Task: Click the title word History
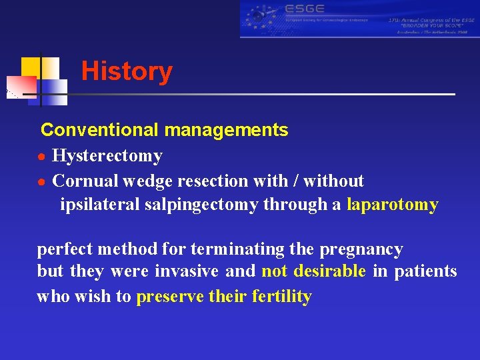click(x=127, y=71)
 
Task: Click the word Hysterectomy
click(x=107, y=156)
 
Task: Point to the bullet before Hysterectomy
click(x=41, y=157)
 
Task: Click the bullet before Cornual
click(x=41, y=181)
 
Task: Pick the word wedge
click(x=141, y=181)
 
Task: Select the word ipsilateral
click(x=100, y=205)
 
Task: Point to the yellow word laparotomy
click(x=393, y=205)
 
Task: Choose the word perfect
click(x=65, y=249)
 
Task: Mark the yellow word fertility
click(x=282, y=297)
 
